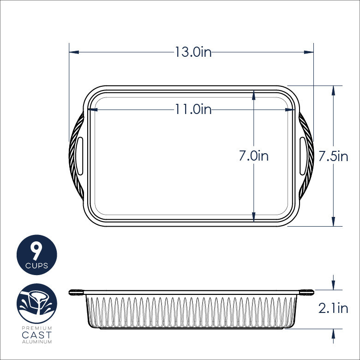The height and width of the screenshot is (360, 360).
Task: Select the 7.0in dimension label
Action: (x=253, y=156)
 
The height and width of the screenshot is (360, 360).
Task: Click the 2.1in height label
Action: (x=333, y=308)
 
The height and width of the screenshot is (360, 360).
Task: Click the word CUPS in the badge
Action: (x=37, y=266)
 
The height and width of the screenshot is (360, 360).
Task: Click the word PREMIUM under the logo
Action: (x=37, y=328)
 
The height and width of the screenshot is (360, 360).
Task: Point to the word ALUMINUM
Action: (x=37, y=342)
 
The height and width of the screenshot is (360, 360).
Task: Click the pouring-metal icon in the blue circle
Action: (x=37, y=302)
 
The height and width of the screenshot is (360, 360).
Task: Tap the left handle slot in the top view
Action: (x=79, y=155)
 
